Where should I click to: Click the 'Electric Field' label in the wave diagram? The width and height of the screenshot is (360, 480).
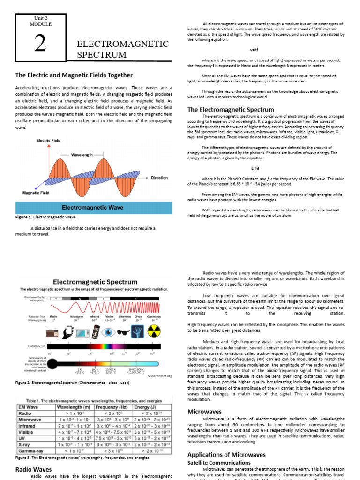pos(48,140)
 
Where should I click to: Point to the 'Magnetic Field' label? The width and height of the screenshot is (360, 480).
pos(36,193)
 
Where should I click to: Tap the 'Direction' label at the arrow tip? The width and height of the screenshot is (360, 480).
pos(159,178)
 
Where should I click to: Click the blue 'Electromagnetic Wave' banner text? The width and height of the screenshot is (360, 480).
pos(93,207)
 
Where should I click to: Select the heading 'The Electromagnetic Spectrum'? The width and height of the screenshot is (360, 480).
pos(231,110)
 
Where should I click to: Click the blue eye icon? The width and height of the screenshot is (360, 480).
pos(110,332)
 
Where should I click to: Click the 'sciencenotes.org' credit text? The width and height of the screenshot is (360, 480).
pos(159,375)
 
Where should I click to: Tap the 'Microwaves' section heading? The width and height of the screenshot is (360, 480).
pos(204,411)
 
